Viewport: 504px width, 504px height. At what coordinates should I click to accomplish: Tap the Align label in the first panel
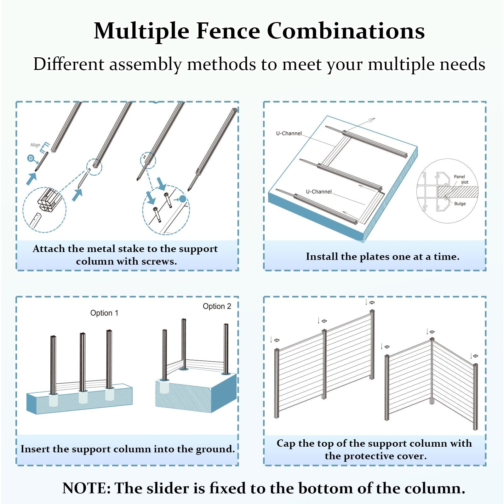[x=35, y=145]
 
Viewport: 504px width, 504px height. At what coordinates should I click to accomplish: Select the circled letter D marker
[x=31, y=158]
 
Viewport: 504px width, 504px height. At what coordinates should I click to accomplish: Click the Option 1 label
[x=104, y=313]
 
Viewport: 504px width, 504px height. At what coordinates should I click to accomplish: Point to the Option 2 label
[x=217, y=306]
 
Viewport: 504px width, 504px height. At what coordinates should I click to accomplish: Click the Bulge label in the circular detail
[x=460, y=204]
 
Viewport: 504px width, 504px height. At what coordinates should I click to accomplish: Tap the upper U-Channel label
[x=289, y=134]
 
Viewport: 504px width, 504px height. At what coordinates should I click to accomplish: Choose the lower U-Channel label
[x=318, y=192]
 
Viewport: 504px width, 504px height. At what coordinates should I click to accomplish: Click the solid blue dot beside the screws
[x=183, y=199]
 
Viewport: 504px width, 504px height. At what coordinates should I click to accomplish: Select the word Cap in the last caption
[x=286, y=443]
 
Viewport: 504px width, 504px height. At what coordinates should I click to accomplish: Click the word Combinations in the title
[x=346, y=31]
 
